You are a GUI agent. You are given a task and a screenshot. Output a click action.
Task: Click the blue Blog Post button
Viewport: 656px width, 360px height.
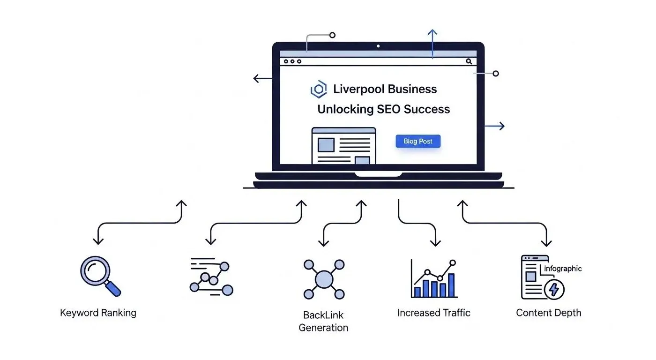pyautogui.click(x=418, y=141)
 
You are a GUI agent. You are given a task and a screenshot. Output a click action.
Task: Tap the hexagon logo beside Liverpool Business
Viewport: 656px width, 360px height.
pyautogui.click(x=319, y=89)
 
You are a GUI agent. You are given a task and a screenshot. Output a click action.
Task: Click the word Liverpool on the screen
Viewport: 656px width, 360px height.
pyautogui.click(x=359, y=89)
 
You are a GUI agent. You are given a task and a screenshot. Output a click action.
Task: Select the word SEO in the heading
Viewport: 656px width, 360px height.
pyautogui.click(x=388, y=109)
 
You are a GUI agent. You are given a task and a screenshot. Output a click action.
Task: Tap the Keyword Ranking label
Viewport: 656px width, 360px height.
pyautogui.click(x=98, y=313)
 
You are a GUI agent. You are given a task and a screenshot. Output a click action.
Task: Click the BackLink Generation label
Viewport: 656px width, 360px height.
pyautogui.click(x=323, y=321)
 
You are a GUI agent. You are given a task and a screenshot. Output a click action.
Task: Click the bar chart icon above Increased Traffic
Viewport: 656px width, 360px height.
pyautogui.click(x=434, y=279)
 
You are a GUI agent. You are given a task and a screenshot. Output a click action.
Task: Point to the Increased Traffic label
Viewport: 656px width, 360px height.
pyautogui.click(x=434, y=313)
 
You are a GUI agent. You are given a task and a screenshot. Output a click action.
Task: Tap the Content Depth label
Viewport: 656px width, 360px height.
pyautogui.click(x=548, y=313)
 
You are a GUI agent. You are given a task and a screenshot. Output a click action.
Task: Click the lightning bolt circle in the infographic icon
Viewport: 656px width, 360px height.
pyautogui.click(x=554, y=289)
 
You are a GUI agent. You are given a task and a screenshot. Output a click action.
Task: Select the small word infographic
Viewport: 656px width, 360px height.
pyautogui.click(x=563, y=269)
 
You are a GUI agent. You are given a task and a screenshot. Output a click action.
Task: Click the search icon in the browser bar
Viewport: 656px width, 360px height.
pyautogui.click(x=469, y=61)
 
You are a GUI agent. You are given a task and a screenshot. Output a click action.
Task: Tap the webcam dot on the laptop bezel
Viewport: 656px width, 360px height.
pyautogui.click(x=378, y=46)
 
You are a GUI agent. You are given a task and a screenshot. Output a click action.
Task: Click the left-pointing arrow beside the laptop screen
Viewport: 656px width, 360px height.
pyautogui.click(x=262, y=78)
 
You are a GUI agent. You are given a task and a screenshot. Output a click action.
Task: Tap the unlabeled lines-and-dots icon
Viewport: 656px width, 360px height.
pyautogui.click(x=211, y=277)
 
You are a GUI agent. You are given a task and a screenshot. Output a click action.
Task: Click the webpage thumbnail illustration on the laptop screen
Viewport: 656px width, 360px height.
pyautogui.click(x=343, y=146)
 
